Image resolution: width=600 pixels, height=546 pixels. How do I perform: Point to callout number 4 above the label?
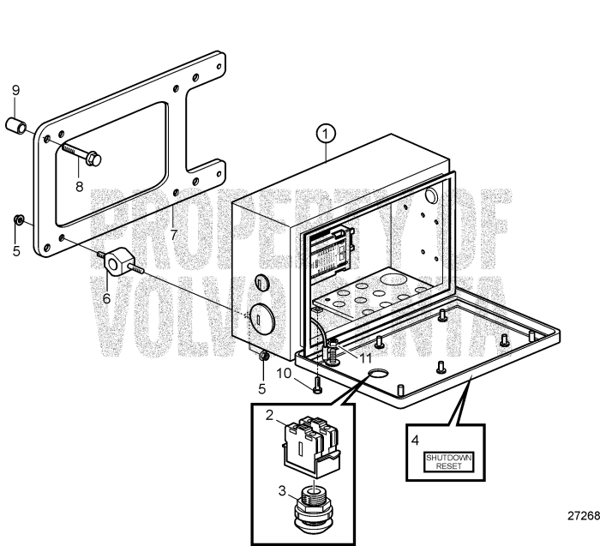pos(415,442)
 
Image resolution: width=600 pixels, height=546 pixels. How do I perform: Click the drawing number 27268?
pos(582,517)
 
